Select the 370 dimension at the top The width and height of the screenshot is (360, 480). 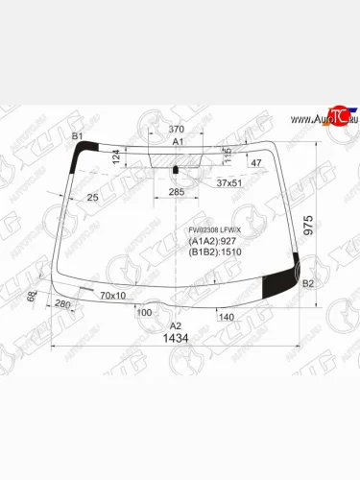[177, 130]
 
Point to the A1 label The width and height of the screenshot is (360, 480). [178, 141]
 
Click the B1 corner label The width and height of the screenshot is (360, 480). [79, 136]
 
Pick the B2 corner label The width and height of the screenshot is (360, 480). [308, 284]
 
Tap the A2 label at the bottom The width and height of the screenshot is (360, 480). [176, 326]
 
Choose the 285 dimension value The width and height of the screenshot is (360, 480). [176, 192]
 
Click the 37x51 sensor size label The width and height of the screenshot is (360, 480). [230, 181]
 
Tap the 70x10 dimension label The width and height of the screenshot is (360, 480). [113, 296]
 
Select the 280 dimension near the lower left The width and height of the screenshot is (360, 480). [63, 305]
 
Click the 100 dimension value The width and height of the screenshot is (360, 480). [144, 313]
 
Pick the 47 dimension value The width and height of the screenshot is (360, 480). [255, 164]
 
